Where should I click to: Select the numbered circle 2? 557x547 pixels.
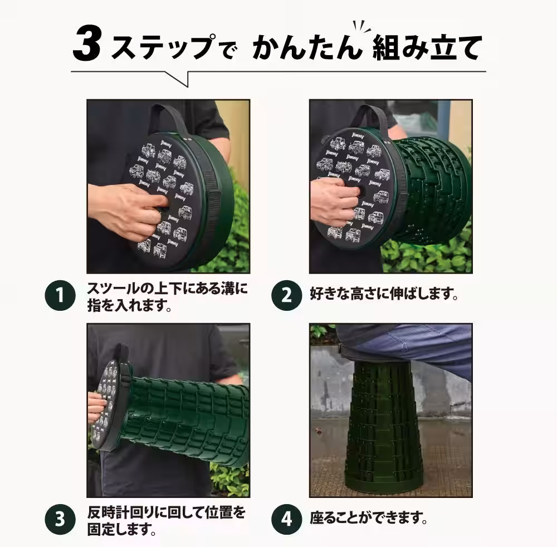point(286,295)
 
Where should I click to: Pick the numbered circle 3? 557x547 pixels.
point(60,519)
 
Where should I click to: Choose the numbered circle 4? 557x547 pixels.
point(286,519)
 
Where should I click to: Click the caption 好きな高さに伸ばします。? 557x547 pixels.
point(384,295)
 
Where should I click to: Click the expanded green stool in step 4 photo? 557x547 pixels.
point(384,429)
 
